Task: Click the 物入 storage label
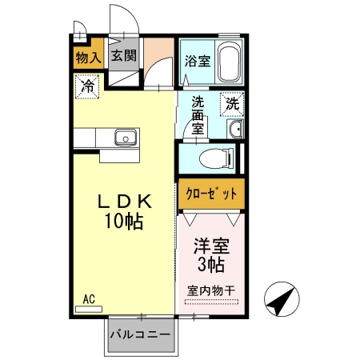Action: (88, 58)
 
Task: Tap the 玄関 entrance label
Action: (123, 57)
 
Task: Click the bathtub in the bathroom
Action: (230, 62)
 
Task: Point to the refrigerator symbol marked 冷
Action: (86, 85)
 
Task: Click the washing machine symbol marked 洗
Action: (232, 103)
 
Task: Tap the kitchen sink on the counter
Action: (126, 139)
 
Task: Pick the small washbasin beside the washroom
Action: (234, 130)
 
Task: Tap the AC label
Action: (90, 299)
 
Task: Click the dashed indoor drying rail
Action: (211, 301)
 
